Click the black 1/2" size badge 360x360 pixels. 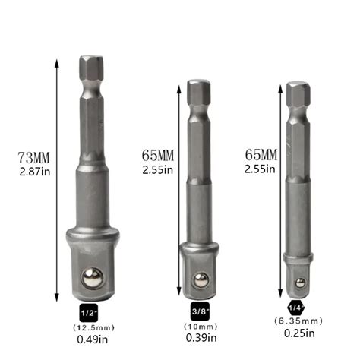90,312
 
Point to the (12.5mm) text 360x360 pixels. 90,327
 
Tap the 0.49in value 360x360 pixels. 90,341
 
